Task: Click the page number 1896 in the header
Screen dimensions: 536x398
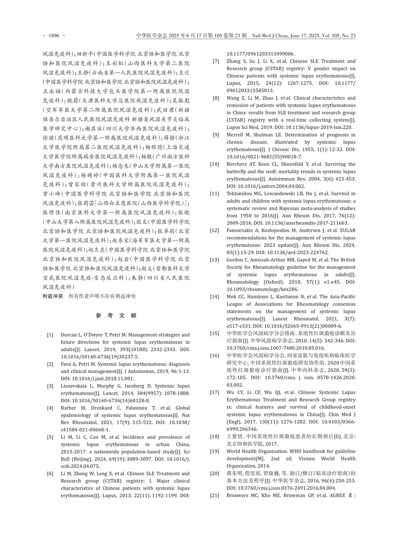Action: (54, 35)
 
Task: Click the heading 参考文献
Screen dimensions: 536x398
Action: (116, 316)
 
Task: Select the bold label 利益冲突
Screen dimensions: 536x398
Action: (53, 296)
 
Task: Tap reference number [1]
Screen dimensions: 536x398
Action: (50, 335)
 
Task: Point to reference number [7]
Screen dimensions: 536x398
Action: (216, 61)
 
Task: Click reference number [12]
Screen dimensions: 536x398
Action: (215, 230)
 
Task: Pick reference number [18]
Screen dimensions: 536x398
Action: (215, 437)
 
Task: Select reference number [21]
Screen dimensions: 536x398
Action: (215, 495)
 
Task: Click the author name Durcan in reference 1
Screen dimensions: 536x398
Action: (69, 335)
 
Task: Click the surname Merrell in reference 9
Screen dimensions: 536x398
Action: (236, 135)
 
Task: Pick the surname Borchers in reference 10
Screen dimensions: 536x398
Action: (237, 164)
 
